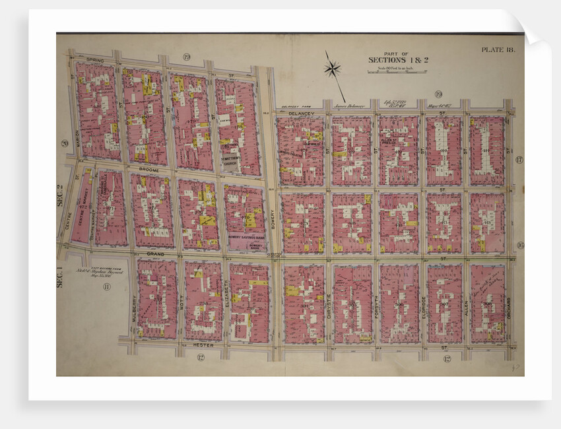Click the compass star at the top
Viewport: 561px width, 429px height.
(333, 68)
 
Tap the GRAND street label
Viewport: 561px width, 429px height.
(155, 253)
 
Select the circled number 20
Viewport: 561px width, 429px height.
(65, 143)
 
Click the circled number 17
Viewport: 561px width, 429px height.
(519, 160)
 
